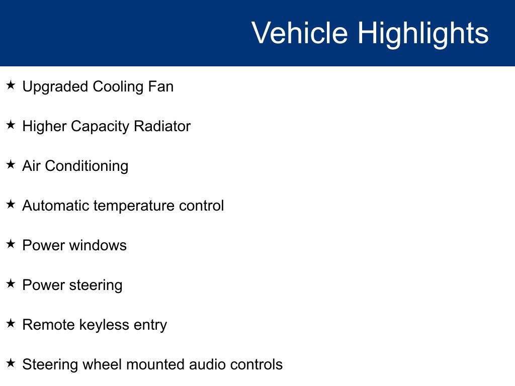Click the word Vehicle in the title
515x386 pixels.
pyautogui.click(x=299, y=33)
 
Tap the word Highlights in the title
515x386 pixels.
pyautogui.click(x=423, y=33)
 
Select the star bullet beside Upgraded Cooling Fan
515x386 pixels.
pyautogui.click(x=11, y=85)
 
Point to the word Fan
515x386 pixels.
pyautogui.click(x=160, y=86)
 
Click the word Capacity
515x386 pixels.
pyautogui.click(x=100, y=126)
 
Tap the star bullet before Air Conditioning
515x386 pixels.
pyautogui.click(x=11, y=165)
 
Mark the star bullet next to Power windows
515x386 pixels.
pyautogui.click(x=11, y=244)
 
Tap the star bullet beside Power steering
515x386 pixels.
pyautogui.click(x=11, y=284)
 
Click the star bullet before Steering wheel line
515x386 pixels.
pyautogui.click(x=11, y=363)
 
